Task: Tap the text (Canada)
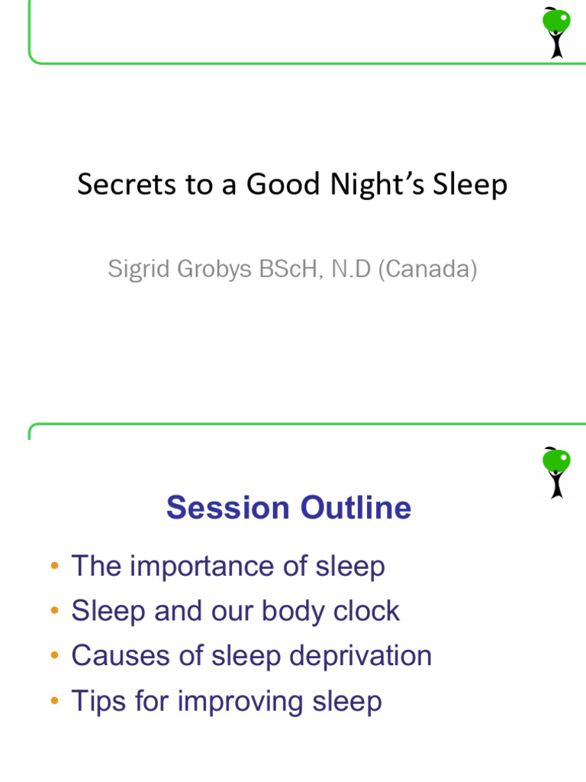(x=427, y=269)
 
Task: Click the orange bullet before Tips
(x=53, y=701)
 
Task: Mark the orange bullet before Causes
(x=53, y=656)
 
